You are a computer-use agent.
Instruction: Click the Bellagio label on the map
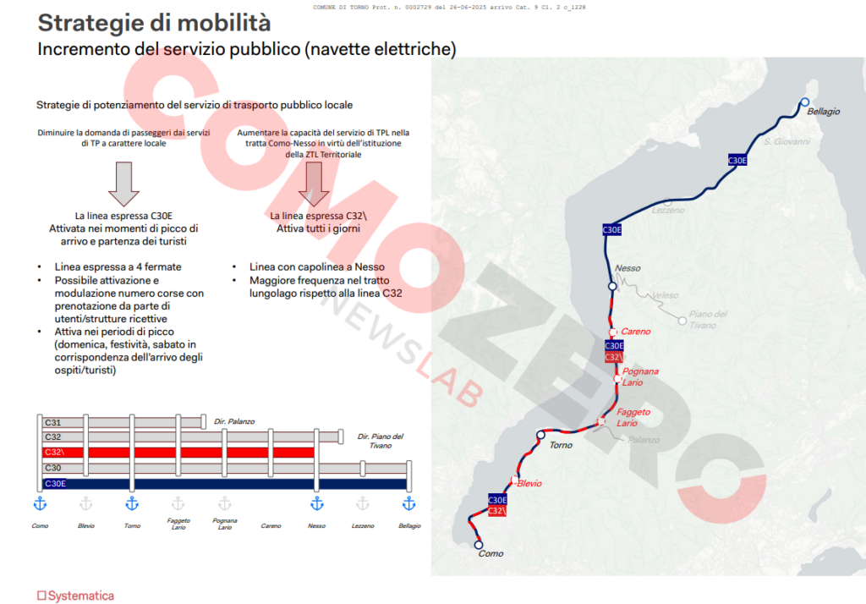[x=823, y=112]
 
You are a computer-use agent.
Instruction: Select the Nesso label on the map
[x=628, y=268]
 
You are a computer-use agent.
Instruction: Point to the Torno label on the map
[x=561, y=445]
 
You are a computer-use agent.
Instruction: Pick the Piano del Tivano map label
[x=708, y=319]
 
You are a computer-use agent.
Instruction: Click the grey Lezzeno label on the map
[x=668, y=211]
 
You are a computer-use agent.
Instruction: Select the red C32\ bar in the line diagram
[x=178, y=453]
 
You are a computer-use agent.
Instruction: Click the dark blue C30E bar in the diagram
[x=224, y=484]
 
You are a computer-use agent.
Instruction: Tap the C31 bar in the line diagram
[x=123, y=422]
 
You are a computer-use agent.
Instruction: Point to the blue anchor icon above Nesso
[x=317, y=503]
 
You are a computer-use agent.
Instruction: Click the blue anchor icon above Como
[x=39, y=503]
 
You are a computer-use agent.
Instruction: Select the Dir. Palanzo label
[x=234, y=421]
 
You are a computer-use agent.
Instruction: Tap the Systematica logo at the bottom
[x=74, y=596]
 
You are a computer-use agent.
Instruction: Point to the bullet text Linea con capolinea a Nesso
[x=317, y=267]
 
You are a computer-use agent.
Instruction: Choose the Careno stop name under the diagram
[x=271, y=525]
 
